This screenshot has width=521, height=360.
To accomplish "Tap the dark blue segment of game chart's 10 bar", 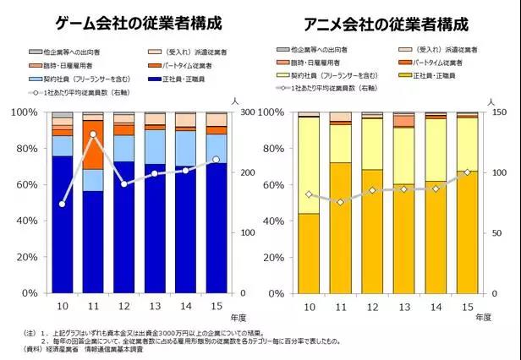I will click(x=63, y=224).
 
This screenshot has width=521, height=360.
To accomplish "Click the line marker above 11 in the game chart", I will click(x=93, y=134).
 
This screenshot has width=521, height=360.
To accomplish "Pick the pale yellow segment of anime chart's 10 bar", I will click(x=309, y=165).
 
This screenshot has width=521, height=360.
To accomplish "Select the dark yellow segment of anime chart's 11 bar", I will click(x=340, y=227).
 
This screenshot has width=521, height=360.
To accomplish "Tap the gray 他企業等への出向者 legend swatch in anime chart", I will click(x=277, y=51).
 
